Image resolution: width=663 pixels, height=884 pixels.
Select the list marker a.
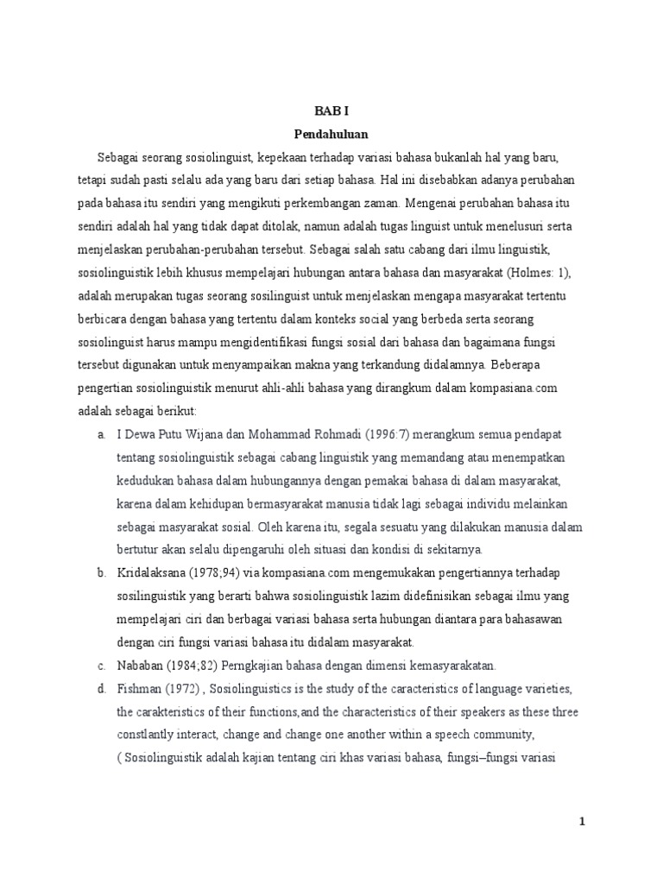click(101, 433)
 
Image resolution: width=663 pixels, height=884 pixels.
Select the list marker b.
click(101, 572)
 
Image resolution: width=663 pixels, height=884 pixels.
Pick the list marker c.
click(101, 666)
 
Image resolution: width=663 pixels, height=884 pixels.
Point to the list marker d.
click(101, 689)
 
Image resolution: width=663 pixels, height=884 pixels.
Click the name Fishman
click(137, 689)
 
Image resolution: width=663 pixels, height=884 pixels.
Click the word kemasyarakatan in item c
click(470, 666)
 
